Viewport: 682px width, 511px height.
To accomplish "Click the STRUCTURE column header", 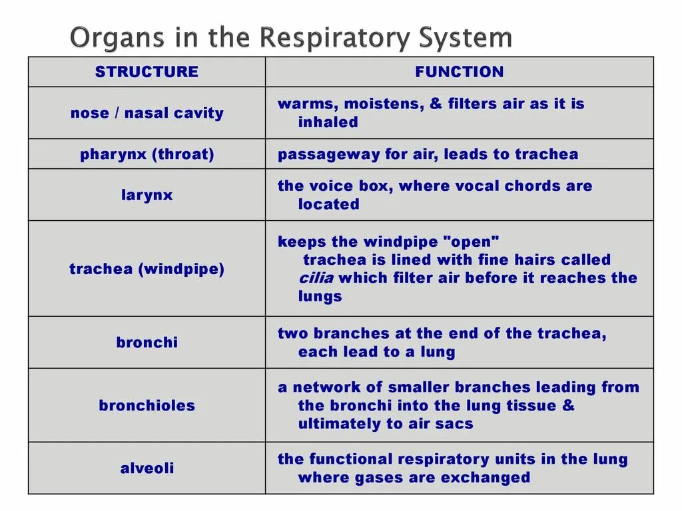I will point(147,72).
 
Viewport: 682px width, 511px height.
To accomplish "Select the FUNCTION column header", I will point(459,72).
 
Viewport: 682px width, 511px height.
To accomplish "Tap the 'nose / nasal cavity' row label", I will point(147,113).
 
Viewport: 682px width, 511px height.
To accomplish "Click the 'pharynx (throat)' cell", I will point(147,154).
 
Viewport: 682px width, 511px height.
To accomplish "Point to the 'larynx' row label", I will point(147,195).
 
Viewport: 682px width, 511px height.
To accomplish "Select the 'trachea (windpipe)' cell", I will point(147,269).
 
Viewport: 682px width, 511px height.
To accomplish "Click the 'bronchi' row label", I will point(147,343).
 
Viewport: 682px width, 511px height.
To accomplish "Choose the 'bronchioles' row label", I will point(147,405).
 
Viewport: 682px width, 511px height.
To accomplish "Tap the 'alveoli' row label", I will point(147,468).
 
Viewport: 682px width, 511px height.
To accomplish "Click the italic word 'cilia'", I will point(316,278).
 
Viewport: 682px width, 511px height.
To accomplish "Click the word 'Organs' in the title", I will point(107,38).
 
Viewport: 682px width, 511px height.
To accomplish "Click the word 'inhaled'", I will point(328,122).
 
